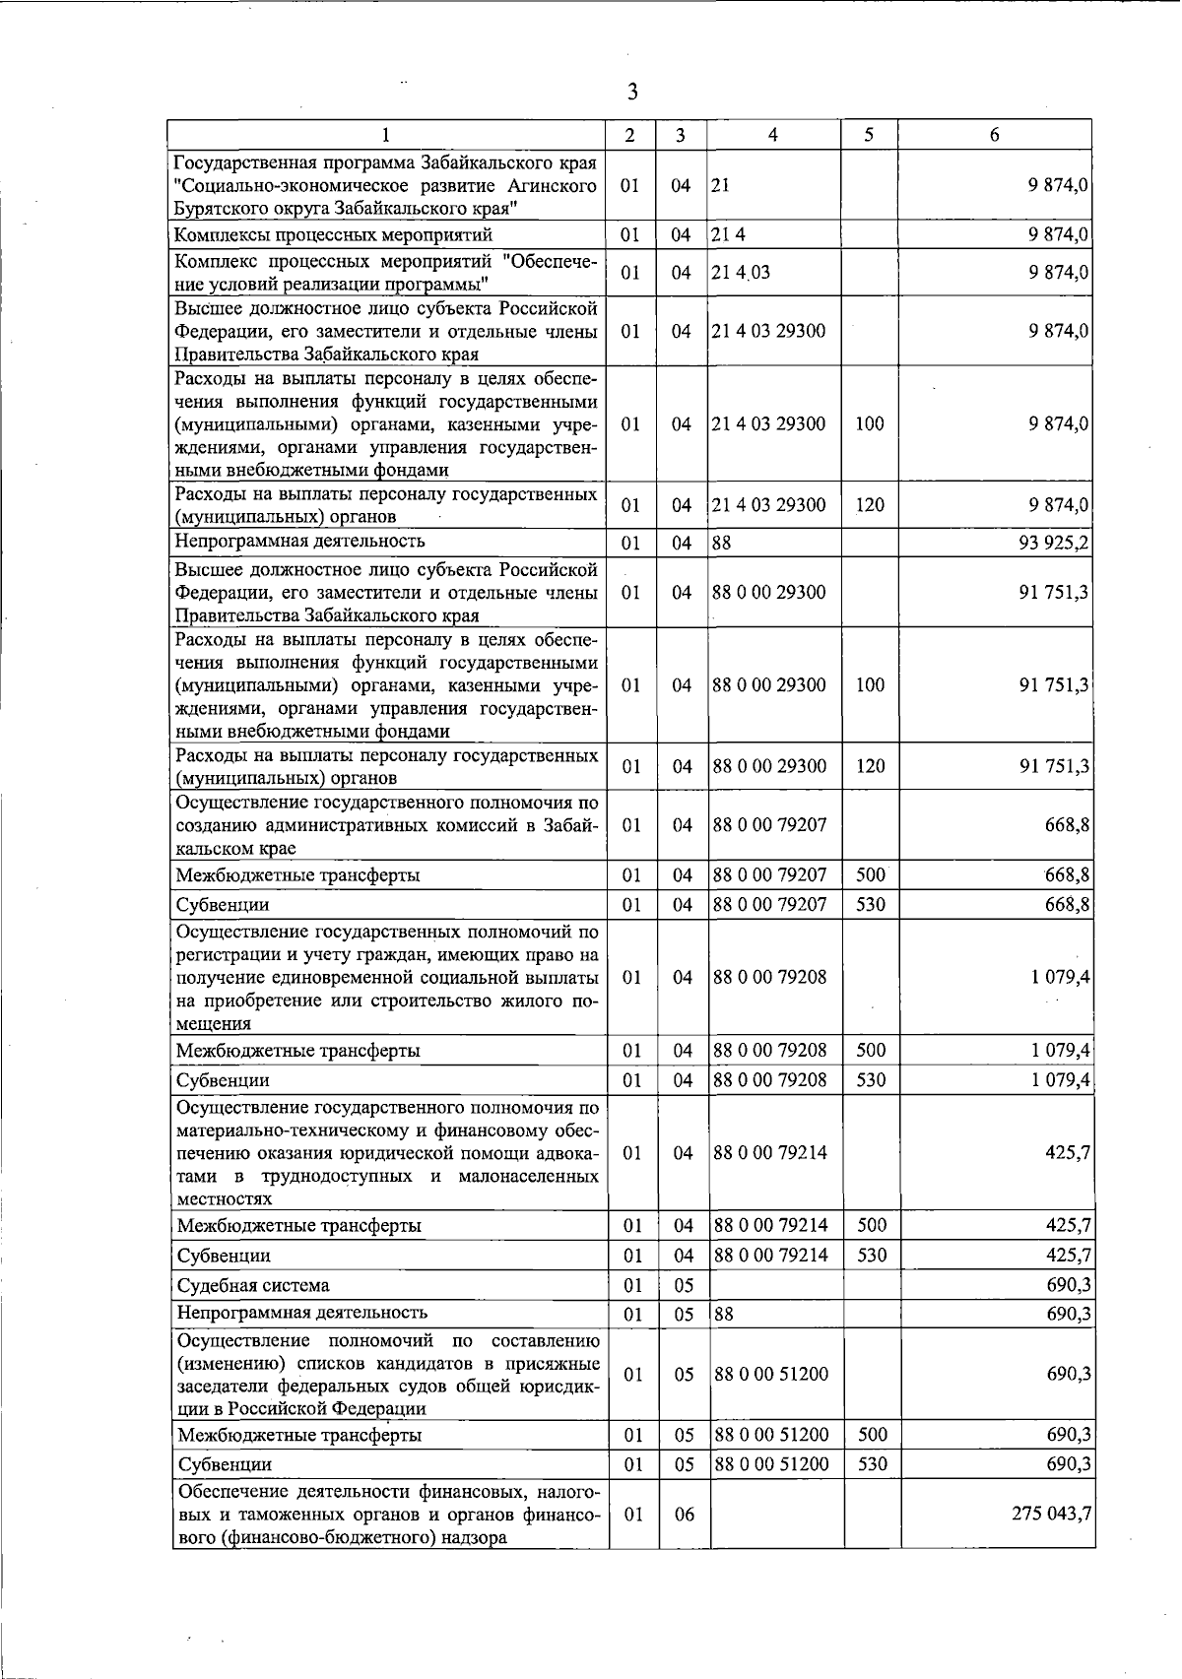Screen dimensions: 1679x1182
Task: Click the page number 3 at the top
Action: (x=631, y=92)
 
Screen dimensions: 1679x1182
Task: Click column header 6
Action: (x=995, y=135)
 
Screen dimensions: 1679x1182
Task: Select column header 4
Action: (x=773, y=135)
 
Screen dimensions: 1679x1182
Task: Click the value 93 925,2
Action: (x=1054, y=543)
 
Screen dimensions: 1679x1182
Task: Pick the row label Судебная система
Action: (x=253, y=1285)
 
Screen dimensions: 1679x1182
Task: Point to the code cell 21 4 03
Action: (x=741, y=273)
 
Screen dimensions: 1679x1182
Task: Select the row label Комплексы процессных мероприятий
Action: (x=333, y=235)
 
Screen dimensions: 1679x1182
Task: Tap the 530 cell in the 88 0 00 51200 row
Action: (x=872, y=1464)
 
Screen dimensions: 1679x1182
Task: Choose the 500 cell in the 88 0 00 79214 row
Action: (x=872, y=1225)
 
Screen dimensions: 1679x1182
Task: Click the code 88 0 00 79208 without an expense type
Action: (x=769, y=977)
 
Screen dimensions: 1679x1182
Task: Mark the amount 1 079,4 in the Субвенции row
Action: (x=1061, y=1079)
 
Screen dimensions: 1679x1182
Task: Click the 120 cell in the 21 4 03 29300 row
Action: (x=870, y=505)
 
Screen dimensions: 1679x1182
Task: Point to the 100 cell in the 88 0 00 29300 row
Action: (x=870, y=684)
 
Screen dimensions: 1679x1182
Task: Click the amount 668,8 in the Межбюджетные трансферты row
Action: (x=1068, y=874)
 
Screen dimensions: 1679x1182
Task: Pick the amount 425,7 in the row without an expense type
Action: (x=1069, y=1152)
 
